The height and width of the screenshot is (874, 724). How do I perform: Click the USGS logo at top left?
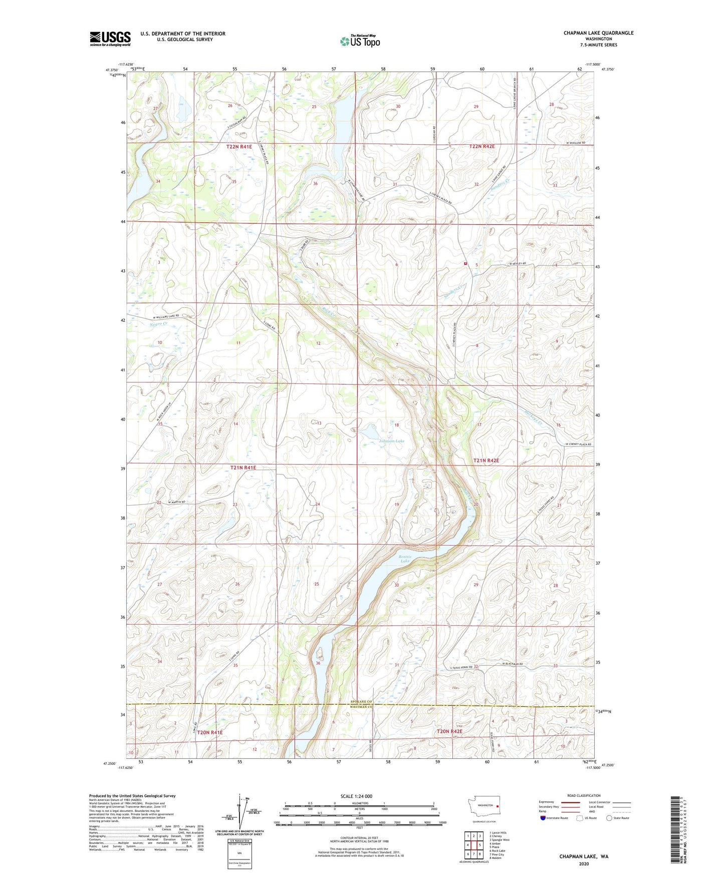click(x=110, y=39)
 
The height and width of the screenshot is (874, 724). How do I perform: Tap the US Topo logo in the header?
click(x=359, y=41)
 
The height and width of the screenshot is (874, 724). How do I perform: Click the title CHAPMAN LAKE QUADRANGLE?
click(x=598, y=33)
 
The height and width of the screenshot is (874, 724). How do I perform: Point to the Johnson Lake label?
click(x=391, y=441)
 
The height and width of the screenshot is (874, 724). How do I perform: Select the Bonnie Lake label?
click(x=405, y=559)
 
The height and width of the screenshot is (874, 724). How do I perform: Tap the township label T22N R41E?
click(x=238, y=147)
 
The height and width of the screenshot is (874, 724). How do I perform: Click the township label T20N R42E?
click(x=449, y=731)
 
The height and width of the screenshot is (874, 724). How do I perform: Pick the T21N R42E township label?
click(x=487, y=460)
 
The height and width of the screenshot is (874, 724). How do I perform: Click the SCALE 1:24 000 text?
click(x=356, y=796)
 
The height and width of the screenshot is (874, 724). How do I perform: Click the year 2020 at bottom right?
click(x=583, y=863)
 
